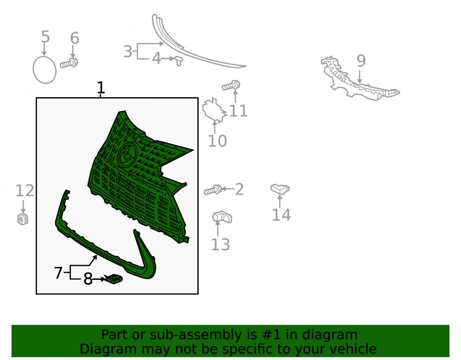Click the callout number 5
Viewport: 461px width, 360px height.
click(45, 37)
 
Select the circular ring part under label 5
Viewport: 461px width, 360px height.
click(33, 70)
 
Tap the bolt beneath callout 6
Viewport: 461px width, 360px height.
click(69, 63)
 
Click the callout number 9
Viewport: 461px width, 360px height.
click(361, 61)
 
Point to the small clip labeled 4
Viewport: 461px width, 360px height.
click(178, 61)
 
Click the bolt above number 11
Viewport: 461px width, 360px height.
click(231, 86)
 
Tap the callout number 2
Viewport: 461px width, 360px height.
click(239, 189)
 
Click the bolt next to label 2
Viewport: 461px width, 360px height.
click(213, 190)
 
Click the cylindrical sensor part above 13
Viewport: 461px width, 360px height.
click(222, 217)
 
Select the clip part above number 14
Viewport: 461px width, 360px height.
click(280, 189)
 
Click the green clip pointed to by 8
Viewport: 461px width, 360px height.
click(114, 278)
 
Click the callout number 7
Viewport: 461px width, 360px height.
click(58, 273)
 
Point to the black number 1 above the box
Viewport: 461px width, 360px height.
click(100, 88)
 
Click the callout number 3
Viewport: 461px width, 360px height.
click(128, 52)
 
